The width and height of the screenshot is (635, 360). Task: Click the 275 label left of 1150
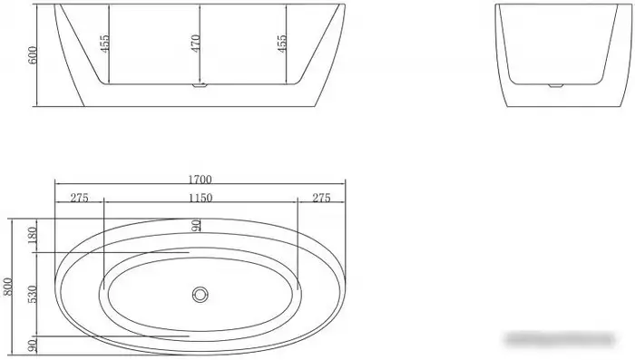pos(79,199)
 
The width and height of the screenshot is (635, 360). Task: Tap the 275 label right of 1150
pos(321,199)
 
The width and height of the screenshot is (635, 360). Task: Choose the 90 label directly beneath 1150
pos(195,224)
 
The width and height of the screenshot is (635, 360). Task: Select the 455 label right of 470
pos(283,44)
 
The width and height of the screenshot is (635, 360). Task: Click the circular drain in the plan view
pos(199,294)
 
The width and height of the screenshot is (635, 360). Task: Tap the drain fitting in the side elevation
pos(199,89)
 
